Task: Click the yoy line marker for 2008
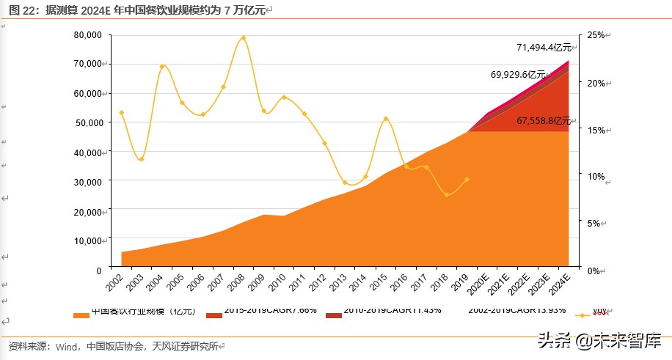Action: point(244,38)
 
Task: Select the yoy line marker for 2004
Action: point(162,67)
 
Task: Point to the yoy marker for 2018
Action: point(447,194)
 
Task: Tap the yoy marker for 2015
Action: point(386,119)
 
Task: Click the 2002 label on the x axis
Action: point(114,281)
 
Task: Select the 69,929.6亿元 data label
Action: point(519,75)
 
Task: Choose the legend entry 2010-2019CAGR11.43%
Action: point(392,311)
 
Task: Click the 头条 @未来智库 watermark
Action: point(599,340)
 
